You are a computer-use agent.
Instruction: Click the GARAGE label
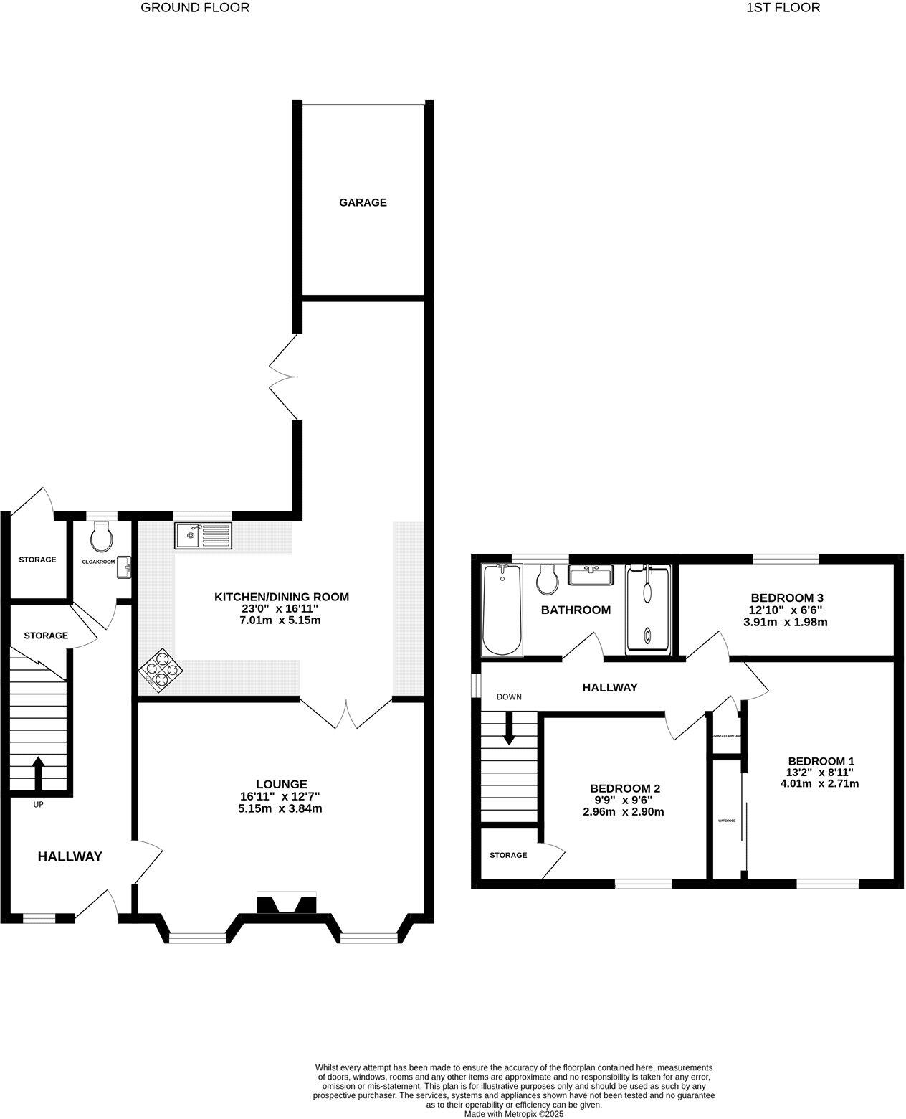[x=363, y=202]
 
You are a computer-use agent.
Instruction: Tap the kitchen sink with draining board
[x=203, y=535]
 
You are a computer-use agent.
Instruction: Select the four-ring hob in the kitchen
[x=161, y=671]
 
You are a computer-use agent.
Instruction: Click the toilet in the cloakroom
[x=102, y=534]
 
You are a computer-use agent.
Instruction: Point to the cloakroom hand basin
[x=125, y=567]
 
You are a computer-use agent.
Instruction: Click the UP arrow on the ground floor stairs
[x=38, y=773]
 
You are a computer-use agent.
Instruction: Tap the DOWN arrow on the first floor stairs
[x=509, y=729]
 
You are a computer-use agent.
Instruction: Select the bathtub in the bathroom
[x=502, y=610]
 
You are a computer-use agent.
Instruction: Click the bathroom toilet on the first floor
[x=548, y=579]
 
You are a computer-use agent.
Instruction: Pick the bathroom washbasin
[x=591, y=575]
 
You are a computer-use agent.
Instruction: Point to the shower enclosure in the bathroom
[x=648, y=610]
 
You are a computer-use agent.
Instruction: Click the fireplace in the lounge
[x=286, y=904]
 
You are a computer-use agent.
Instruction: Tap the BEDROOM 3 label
[x=786, y=598]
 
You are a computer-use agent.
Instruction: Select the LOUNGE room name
[x=282, y=784]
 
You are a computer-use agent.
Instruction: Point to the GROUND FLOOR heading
[x=195, y=8]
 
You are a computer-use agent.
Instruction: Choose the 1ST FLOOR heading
[x=783, y=8]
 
